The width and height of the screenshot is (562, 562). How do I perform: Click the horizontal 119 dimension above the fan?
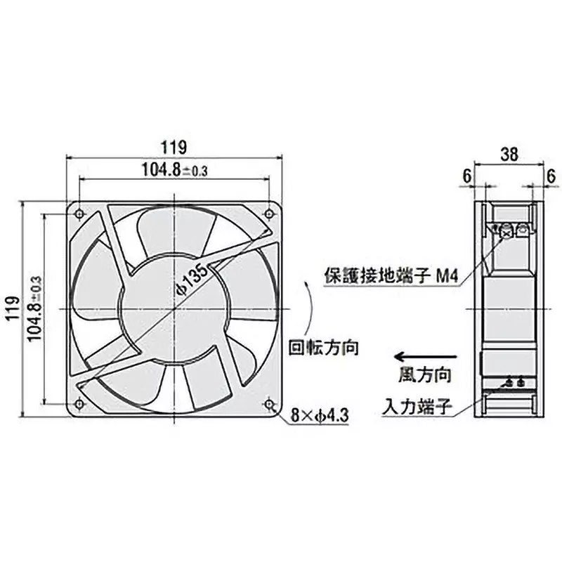coord(173,148)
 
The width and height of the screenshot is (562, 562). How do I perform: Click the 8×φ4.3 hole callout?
coord(320,417)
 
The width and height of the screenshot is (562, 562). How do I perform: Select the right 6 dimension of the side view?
coord(551,175)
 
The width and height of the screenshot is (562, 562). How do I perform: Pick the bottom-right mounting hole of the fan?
coord(269,403)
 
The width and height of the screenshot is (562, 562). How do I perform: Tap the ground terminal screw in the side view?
coord(506,229)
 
